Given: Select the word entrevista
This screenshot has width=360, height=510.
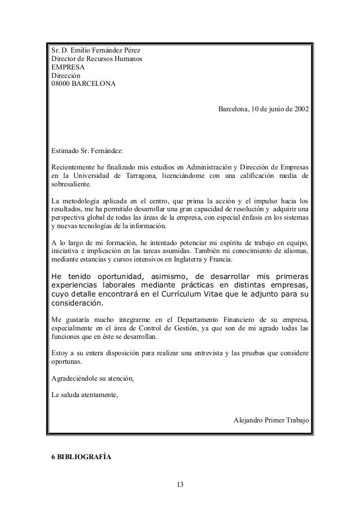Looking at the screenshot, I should [197, 354].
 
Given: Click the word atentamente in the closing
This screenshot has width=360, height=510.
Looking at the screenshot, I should [98, 395].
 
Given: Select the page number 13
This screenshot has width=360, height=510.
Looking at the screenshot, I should [180, 484].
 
